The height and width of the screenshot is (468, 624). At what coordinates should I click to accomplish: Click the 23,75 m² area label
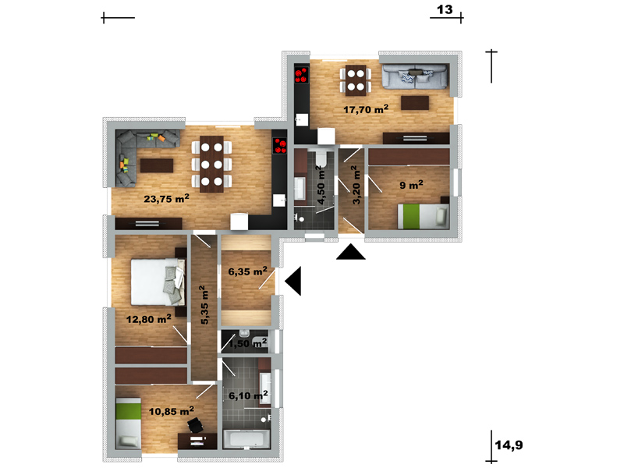pyautogui.click(x=166, y=198)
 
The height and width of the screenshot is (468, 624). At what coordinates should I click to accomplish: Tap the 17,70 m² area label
pyautogui.click(x=366, y=109)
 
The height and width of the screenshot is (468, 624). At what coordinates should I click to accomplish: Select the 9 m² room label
pyautogui.click(x=412, y=185)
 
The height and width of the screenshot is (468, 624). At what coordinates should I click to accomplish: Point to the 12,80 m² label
pyautogui.click(x=149, y=319)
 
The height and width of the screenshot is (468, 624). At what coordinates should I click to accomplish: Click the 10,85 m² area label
pyautogui.click(x=172, y=411)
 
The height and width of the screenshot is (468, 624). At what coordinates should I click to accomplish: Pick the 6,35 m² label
pyautogui.click(x=247, y=271)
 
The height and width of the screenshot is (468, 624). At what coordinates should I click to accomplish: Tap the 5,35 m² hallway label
pyautogui.click(x=204, y=305)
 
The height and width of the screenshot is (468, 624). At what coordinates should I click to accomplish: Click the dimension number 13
pyautogui.click(x=445, y=9)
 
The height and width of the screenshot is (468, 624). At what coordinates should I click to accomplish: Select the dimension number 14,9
pyautogui.click(x=509, y=445)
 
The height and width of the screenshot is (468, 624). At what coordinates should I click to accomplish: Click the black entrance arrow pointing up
pyautogui.click(x=350, y=252)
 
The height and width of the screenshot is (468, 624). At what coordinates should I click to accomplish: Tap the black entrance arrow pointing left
pyautogui.click(x=293, y=281)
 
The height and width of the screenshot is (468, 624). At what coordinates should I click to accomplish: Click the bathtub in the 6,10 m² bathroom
pyautogui.click(x=247, y=439)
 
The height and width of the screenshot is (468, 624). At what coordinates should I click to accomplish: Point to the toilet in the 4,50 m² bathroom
pyautogui.click(x=321, y=159)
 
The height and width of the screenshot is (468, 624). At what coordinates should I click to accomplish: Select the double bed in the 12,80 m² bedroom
pyautogui.click(x=158, y=282)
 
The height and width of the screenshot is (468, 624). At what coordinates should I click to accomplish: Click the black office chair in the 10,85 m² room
pyautogui.click(x=196, y=424)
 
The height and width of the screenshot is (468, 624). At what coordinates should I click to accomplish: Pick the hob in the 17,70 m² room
pyautogui.click(x=302, y=75)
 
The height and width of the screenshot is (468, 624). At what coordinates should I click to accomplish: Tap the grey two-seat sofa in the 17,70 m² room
pyautogui.click(x=415, y=76)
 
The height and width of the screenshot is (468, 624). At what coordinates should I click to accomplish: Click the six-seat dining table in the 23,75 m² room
pyautogui.click(x=211, y=164)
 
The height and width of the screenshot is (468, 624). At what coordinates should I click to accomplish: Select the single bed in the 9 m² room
pyautogui.click(x=424, y=216)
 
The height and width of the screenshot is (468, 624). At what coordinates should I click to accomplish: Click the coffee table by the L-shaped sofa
pyautogui.click(x=157, y=165)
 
